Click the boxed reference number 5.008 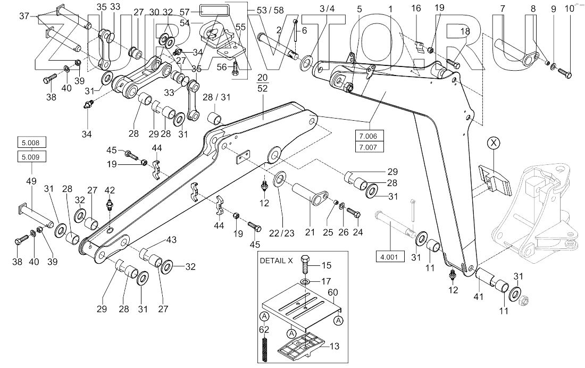coord(31,143)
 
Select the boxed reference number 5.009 coord(31,157)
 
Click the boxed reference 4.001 coord(390,257)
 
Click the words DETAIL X coord(277,261)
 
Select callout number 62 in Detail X coord(264,330)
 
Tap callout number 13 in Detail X coord(335,346)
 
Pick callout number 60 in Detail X coord(333,292)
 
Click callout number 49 coord(31,181)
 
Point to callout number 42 coord(110,190)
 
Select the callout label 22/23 coord(282,233)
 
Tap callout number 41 coord(478,297)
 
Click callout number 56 coord(222,67)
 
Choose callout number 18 coord(465,31)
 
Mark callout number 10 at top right coord(570,9)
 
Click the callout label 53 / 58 coord(271,10)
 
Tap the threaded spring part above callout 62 coord(264,349)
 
